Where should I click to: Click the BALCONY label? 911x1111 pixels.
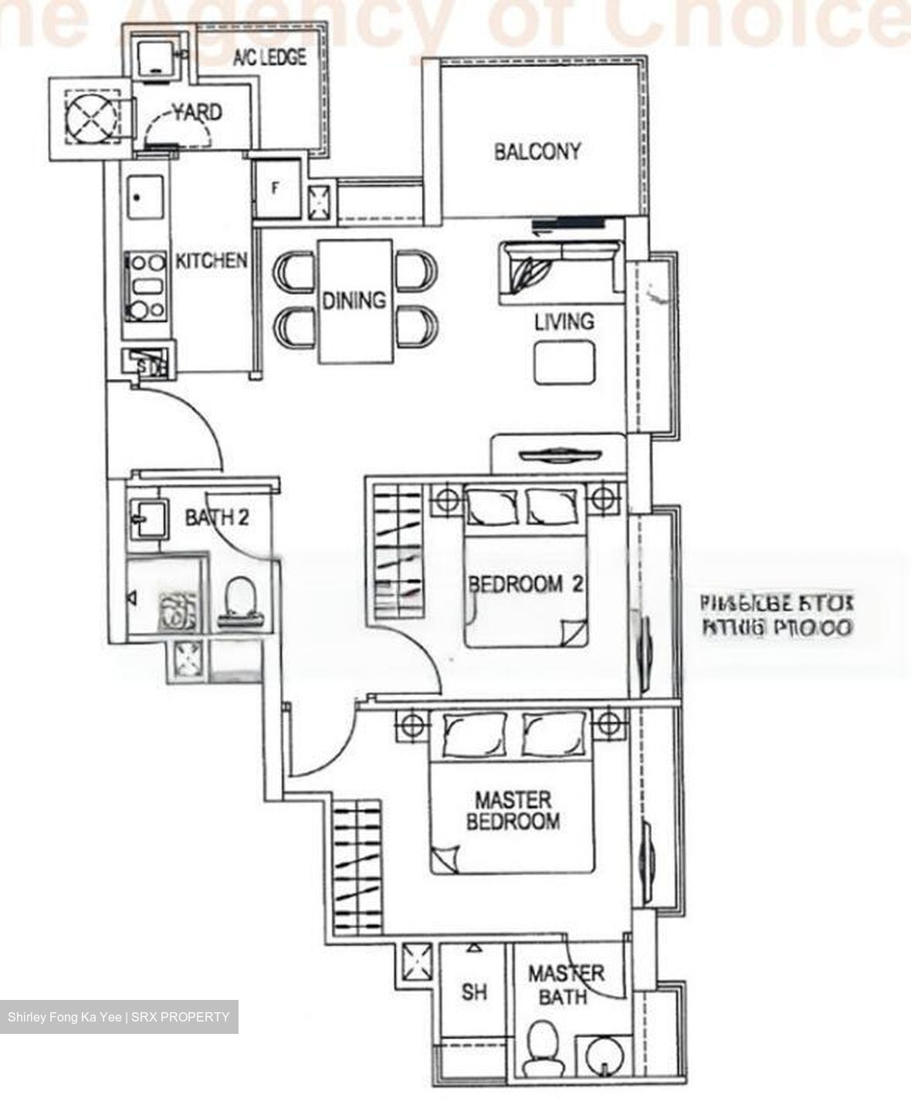click(x=537, y=151)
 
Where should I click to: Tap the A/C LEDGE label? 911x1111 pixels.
click(x=269, y=57)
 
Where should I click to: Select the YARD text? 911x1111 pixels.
click(x=197, y=113)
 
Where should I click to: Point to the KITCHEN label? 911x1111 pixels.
click(x=212, y=261)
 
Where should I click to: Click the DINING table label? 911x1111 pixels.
click(x=354, y=300)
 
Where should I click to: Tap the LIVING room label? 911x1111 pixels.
click(x=564, y=321)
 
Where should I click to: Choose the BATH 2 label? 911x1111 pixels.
click(x=216, y=517)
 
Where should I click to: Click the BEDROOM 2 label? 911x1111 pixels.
click(x=525, y=584)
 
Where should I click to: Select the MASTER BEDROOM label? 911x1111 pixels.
click(x=513, y=810)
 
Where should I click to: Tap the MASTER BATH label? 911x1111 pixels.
click(x=565, y=984)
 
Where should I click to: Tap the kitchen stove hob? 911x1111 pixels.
click(x=147, y=286)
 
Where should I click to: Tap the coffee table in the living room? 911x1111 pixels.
click(x=565, y=363)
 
